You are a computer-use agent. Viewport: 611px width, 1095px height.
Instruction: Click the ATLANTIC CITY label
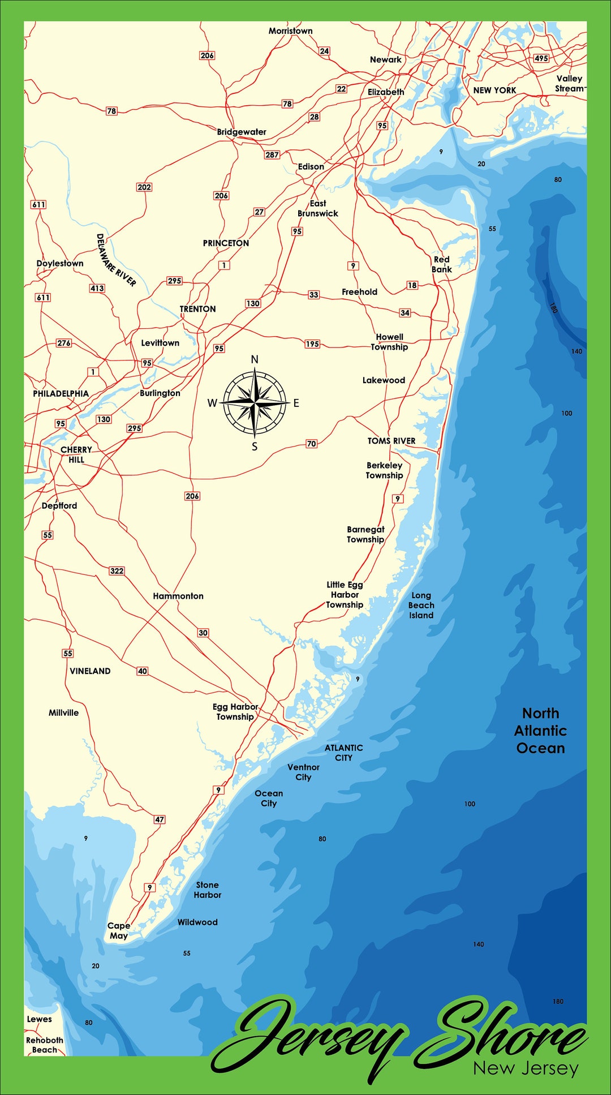pos(343,753)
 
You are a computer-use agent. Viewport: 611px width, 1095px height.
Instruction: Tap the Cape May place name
pos(119,930)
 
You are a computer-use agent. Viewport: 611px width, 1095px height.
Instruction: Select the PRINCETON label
pos(226,243)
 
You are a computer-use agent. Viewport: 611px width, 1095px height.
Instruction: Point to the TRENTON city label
pos(197,309)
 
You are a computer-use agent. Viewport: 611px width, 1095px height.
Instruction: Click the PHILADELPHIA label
pos(61,394)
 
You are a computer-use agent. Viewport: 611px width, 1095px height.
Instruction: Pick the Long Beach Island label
pos(421,606)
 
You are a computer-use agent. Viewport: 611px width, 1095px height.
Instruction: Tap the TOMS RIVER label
pos(391,441)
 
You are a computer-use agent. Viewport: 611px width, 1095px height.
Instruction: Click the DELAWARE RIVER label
pos(116,260)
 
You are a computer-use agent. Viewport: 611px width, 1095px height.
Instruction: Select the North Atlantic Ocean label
pos(540,731)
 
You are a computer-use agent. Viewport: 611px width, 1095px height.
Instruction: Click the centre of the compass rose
pos(255,402)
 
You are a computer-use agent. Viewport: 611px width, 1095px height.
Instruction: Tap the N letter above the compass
pos(255,359)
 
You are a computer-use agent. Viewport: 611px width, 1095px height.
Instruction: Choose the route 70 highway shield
pos(312,444)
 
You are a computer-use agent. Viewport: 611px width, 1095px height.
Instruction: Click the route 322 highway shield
pos(117,570)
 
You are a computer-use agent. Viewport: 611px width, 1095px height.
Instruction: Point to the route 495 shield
pos(541,58)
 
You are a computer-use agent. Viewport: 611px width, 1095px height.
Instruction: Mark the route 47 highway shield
pos(160,819)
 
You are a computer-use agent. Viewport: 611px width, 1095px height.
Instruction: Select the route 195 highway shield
pos(312,344)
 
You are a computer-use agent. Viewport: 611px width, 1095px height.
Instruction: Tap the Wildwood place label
pos(197,922)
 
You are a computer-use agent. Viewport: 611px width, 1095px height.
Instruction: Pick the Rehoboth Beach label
pos(45,1045)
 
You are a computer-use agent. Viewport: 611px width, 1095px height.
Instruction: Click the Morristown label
pos(290,31)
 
